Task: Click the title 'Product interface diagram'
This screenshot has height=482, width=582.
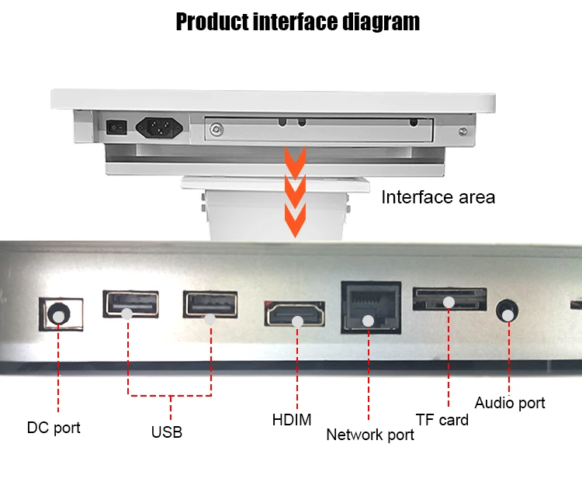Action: click(x=297, y=21)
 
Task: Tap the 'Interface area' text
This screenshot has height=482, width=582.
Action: click(x=438, y=197)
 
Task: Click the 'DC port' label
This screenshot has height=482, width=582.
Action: click(x=54, y=428)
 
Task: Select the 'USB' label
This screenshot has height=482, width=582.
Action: click(x=167, y=432)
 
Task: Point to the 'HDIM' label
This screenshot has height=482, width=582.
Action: click(x=292, y=421)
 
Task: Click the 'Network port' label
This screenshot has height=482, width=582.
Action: click(x=370, y=435)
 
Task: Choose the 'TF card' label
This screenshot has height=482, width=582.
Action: click(x=442, y=420)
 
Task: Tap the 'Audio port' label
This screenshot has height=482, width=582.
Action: click(x=510, y=403)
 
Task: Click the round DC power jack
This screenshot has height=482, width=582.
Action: click(x=57, y=314)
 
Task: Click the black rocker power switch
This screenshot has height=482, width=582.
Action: click(x=116, y=124)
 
